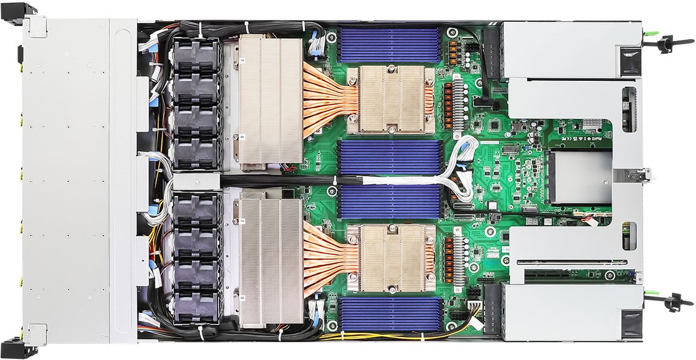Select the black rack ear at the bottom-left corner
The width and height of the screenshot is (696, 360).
click(x=18, y=349)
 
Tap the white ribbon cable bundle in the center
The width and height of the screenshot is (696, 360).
click(x=423, y=179)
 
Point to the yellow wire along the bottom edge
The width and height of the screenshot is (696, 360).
click(x=387, y=336)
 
